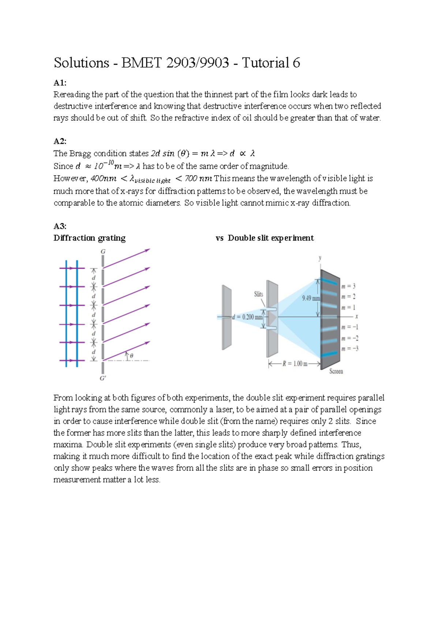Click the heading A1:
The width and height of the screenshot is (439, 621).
[x=60, y=83]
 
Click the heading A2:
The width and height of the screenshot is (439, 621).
[x=60, y=142]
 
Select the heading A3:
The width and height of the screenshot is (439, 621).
[x=60, y=226]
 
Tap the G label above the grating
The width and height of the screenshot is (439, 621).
[x=103, y=252]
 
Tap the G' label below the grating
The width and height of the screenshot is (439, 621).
[x=103, y=378]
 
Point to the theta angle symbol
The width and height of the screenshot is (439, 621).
[x=131, y=355]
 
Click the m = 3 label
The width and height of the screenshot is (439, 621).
[x=348, y=286]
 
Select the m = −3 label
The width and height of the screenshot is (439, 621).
[x=350, y=349]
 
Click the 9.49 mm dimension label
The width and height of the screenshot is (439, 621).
[x=311, y=298]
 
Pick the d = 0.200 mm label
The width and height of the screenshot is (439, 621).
[x=247, y=317]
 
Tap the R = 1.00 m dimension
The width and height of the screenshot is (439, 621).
[x=294, y=364]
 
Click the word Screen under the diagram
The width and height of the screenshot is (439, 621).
[x=336, y=371]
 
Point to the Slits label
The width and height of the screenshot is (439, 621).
[x=258, y=294]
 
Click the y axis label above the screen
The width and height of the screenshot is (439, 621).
[x=320, y=258]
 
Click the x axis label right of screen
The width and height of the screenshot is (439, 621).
[x=356, y=316]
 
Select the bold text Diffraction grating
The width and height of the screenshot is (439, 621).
[x=90, y=238]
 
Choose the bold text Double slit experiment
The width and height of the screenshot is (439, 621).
[x=271, y=238]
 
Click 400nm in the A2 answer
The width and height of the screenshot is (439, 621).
[x=103, y=178]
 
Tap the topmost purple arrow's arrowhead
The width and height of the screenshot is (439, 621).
[x=148, y=250]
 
